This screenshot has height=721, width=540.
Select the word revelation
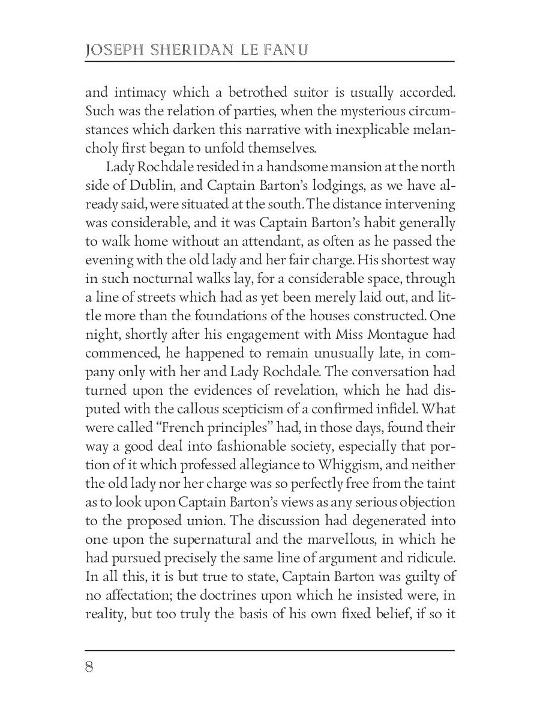coord(331,391)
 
